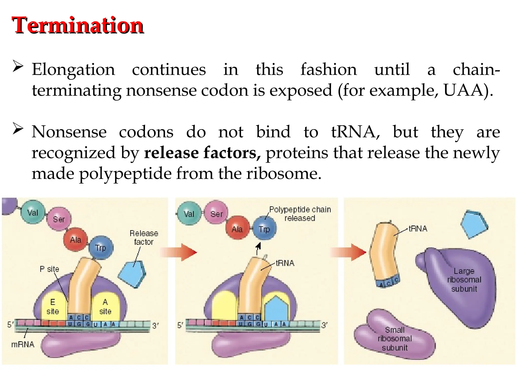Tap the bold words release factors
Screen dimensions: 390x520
[202, 153]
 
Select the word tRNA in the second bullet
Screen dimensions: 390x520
[355, 132]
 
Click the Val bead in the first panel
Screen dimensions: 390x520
[33, 213]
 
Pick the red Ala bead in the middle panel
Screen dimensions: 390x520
[237, 229]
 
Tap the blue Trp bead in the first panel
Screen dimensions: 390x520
[101, 248]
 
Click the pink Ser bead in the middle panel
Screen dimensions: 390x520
[216, 214]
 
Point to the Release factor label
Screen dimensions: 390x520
[144, 237]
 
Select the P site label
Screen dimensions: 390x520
[49, 269]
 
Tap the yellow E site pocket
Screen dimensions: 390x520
[53, 306]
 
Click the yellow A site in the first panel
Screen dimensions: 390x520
[105, 306]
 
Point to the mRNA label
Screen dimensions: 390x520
[23, 344]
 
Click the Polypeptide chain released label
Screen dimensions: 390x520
[300, 214]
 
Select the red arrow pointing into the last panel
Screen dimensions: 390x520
[349, 252]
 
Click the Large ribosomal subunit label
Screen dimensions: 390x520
[464, 280]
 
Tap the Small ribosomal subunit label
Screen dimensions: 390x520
[395, 339]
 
